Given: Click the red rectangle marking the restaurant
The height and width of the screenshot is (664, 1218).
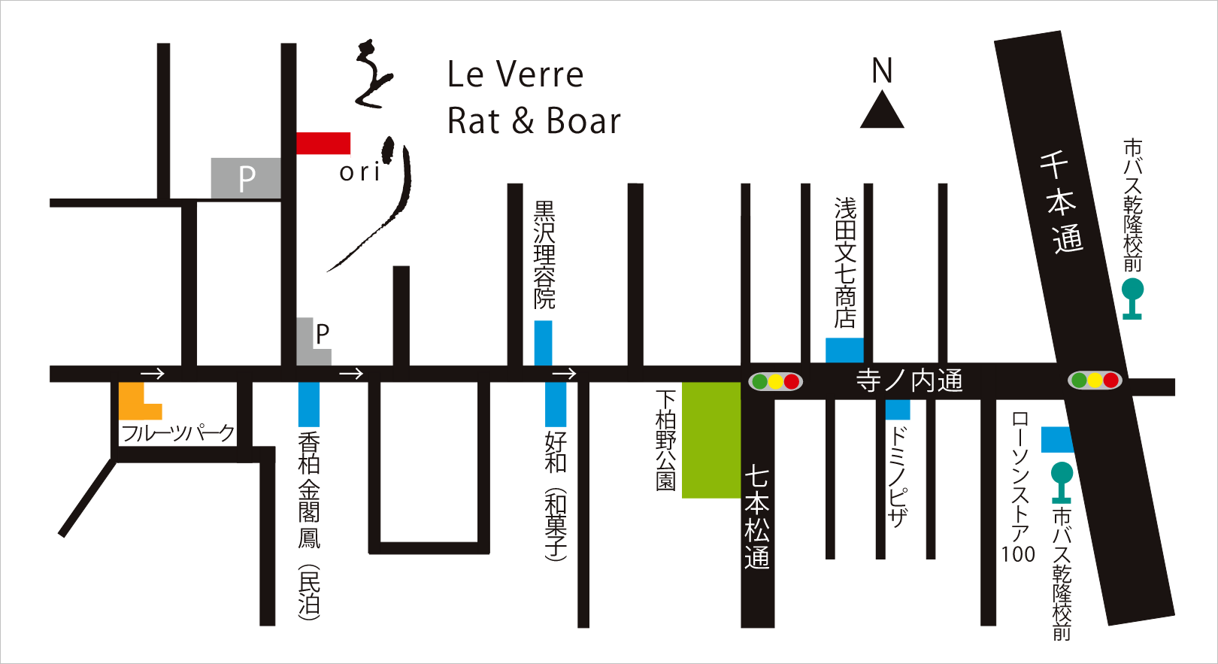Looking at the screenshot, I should (x=323, y=143).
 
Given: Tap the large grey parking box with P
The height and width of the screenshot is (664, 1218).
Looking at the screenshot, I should (x=246, y=178).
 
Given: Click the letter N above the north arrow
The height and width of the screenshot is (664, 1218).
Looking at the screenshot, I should (x=882, y=71).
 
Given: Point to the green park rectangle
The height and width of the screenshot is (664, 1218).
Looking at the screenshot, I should (x=711, y=440).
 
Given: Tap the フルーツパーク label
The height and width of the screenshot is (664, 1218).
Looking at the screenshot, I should (x=178, y=433).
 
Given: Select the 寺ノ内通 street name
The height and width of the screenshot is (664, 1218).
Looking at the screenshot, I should (x=910, y=381).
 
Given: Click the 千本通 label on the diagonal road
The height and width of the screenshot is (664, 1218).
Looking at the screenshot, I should (x=1061, y=202).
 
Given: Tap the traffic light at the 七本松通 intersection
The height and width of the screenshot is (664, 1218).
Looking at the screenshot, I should (x=776, y=382).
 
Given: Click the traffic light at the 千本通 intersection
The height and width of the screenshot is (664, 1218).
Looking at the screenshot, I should (x=1095, y=381).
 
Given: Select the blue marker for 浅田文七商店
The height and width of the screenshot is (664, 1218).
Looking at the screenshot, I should (x=844, y=350).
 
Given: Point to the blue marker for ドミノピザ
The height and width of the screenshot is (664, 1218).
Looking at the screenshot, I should (x=897, y=410).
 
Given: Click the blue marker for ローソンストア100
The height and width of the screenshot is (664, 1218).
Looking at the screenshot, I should (x=1056, y=439).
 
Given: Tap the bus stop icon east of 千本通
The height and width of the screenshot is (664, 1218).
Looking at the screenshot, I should (x=1132, y=298).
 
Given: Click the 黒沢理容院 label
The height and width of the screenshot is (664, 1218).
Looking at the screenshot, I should (x=544, y=254).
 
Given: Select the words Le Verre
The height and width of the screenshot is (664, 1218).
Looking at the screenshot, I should (x=515, y=74).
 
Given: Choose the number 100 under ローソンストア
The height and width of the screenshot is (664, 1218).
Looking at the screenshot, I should (x=1018, y=554).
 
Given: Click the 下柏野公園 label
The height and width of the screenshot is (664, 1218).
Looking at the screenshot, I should (x=666, y=440).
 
